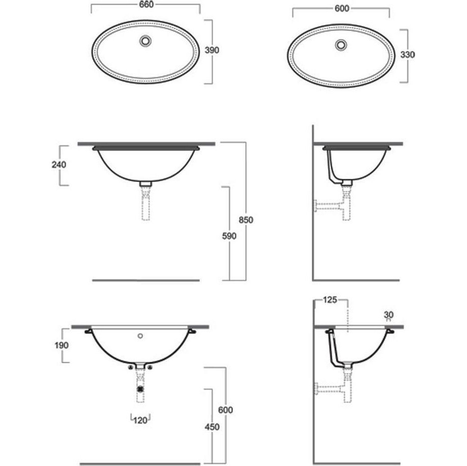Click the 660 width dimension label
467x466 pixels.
(147, 5)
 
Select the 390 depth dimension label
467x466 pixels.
(212, 50)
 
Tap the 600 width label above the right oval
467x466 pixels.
(342, 9)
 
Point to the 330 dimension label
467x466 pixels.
(407, 54)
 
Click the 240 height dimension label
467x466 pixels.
(59, 165)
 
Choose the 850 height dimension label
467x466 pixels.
(246, 220)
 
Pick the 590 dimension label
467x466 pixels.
(229, 236)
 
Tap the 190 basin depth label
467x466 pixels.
(62, 345)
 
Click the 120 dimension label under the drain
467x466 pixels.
(140, 420)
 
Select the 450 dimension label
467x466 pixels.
(212, 427)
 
